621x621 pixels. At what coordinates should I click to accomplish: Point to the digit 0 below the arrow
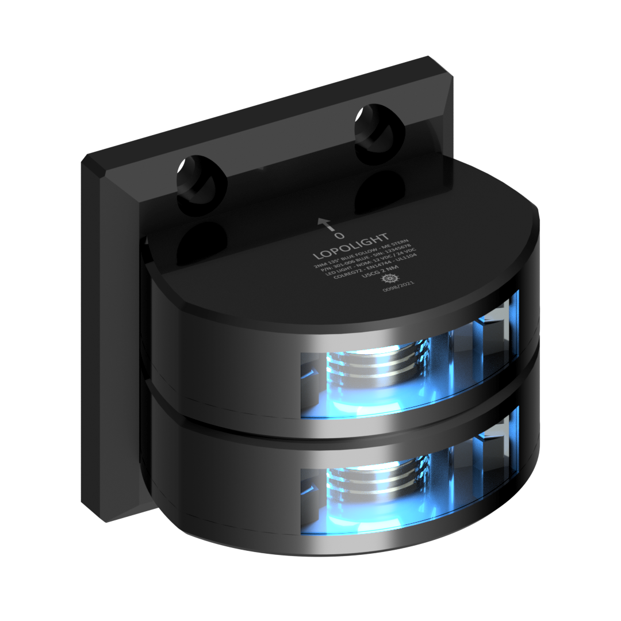(339, 236)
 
